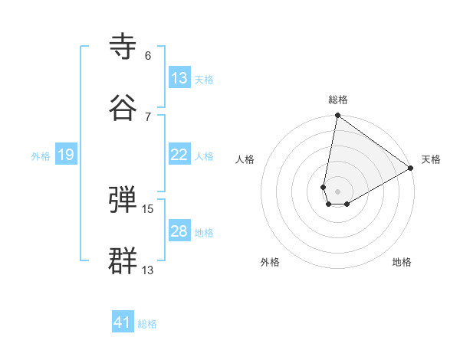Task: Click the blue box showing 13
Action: (179, 78)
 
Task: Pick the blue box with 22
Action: (179, 155)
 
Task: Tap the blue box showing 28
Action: (179, 231)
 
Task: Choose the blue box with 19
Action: (66, 155)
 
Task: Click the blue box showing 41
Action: (123, 322)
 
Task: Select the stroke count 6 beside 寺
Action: (147, 56)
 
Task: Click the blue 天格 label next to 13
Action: (204, 79)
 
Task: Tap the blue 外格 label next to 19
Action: (41, 155)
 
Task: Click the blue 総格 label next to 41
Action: (147, 324)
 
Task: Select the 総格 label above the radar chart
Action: (338, 100)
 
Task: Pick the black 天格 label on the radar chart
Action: (431, 159)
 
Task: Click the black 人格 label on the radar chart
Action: (245, 159)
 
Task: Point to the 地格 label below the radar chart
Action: (402, 262)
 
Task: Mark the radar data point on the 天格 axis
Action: (411, 169)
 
